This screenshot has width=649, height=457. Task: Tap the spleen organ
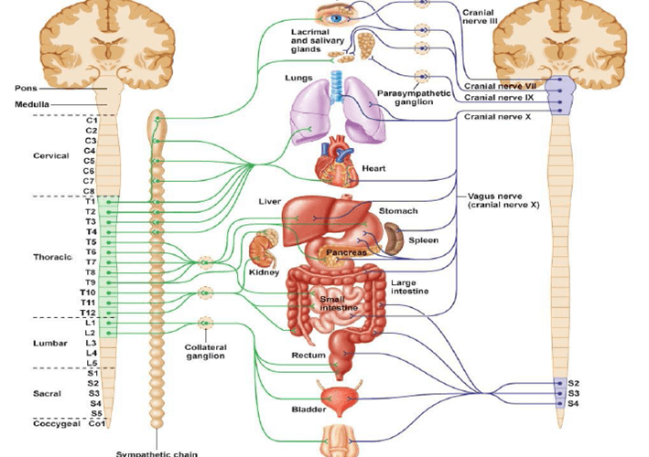tap(394, 239)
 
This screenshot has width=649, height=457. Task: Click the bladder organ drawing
tap(333, 398)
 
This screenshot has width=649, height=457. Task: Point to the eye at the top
tap(336, 16)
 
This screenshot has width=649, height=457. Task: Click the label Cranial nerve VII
tap(499, 85)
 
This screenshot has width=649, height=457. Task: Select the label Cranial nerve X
tap(497, 116)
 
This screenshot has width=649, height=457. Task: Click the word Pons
tap(26, 89)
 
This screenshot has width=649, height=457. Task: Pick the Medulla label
tap(31, 104)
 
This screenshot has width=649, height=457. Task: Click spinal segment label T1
tap(92, 201)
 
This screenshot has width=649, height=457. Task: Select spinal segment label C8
tap(92, 191)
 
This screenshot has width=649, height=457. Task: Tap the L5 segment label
tap(92, 363)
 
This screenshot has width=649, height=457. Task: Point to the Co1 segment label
tap(95, 423)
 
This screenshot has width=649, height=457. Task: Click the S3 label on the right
tap(574, 393)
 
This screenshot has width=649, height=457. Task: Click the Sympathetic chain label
tap(152, 452)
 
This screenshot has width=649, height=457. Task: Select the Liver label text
tap(269, 200)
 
